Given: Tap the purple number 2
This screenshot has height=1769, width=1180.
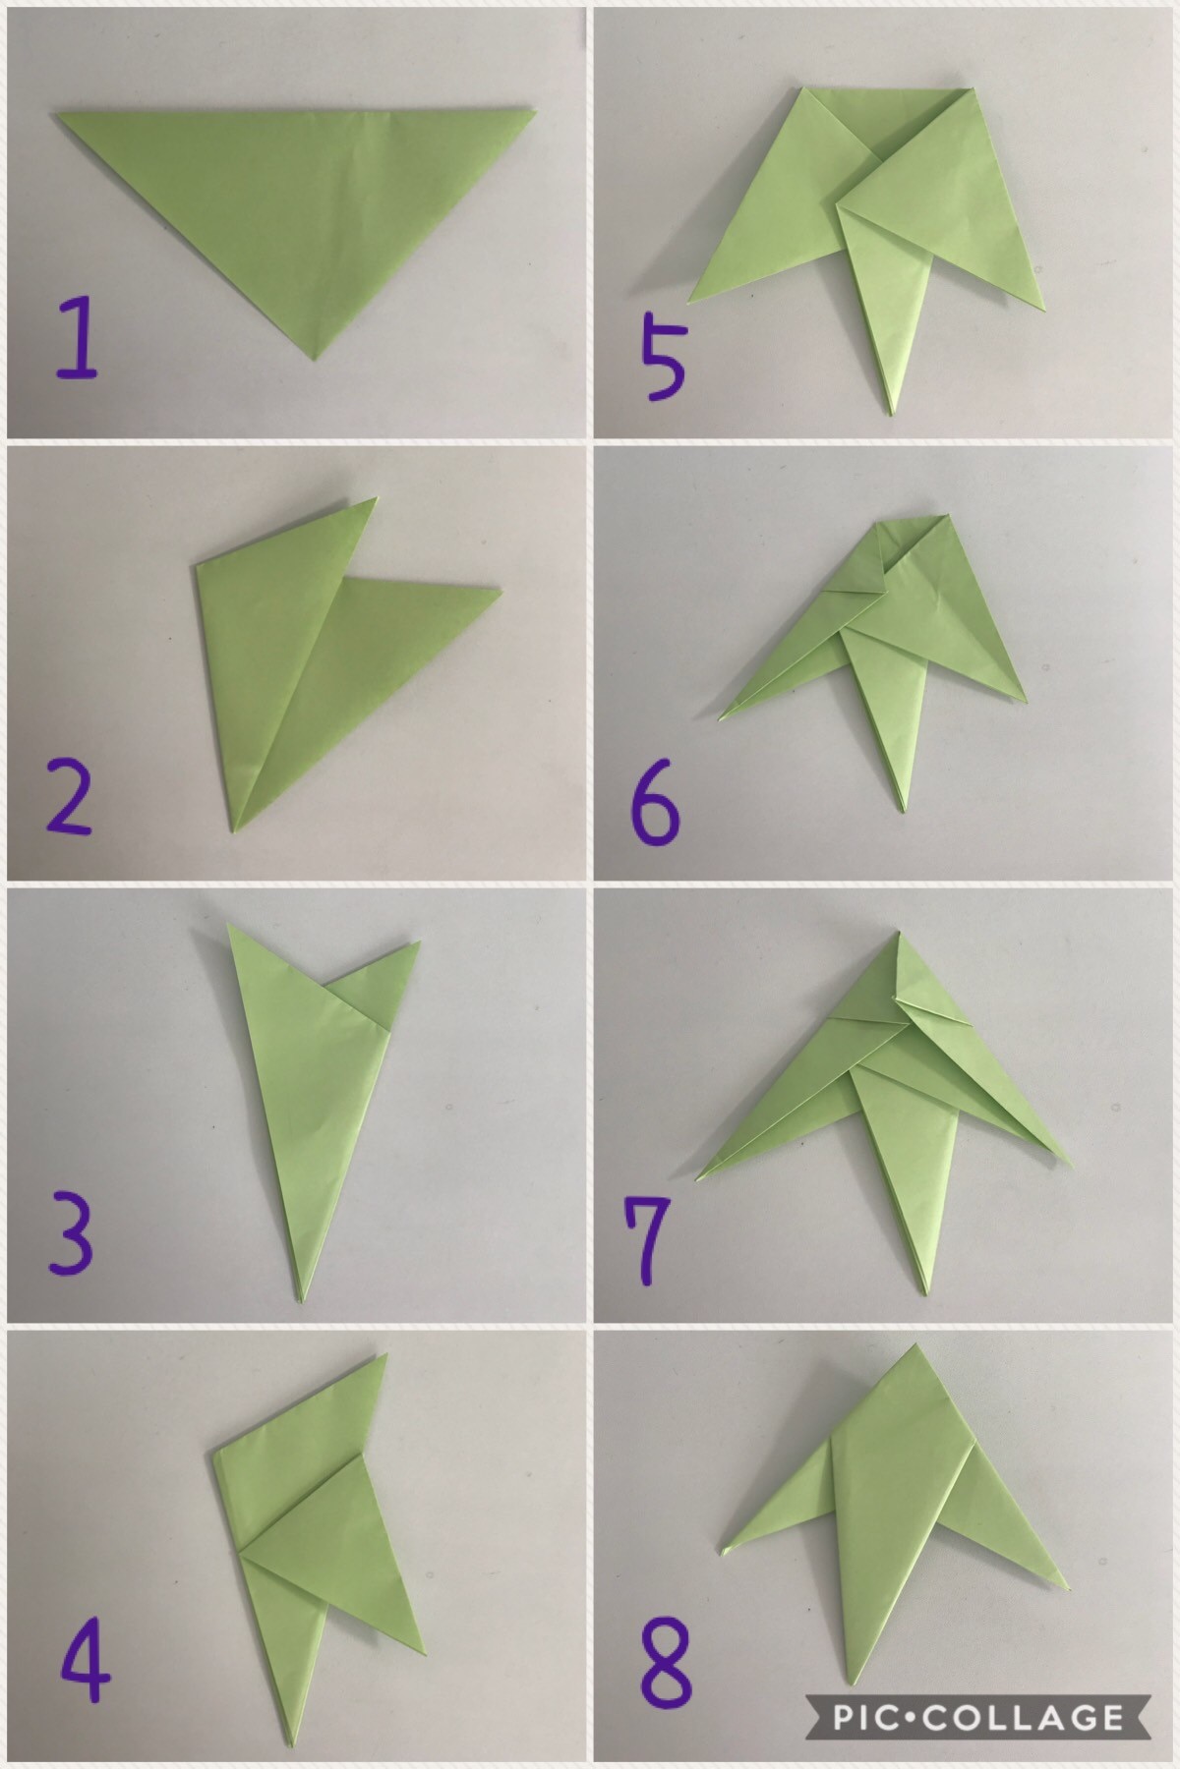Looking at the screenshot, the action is pyautogui.click(x=69, y=798).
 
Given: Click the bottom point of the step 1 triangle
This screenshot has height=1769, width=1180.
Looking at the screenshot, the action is pyautogui.click(x=314, y=360).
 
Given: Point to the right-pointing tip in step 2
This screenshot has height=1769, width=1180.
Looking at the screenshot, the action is pyautogui.click(x=501, y=591).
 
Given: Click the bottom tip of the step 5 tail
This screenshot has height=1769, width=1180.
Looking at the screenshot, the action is pyautogui.click(x=891, y=414).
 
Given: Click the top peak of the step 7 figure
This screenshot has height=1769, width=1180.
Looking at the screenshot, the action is pyautogui.click(x=899, y=930).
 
